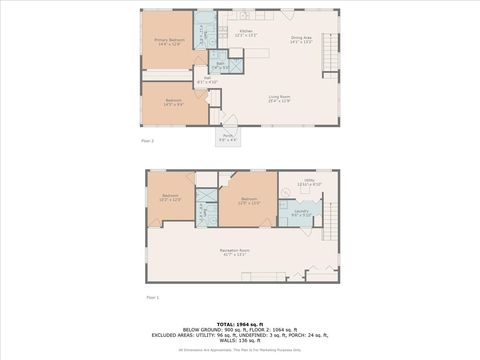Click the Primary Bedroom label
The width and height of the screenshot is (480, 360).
point(168,41)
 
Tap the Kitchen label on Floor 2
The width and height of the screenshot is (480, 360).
point(245,34)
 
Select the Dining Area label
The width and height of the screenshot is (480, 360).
point(301,40)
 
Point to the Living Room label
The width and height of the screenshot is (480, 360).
point(279,98)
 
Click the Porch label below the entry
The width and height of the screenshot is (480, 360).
point(228,137)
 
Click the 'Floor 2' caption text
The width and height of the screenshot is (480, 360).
point(148,142)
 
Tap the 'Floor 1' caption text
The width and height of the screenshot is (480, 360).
point(153,298)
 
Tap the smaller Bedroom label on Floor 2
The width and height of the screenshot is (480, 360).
point(173,102)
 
